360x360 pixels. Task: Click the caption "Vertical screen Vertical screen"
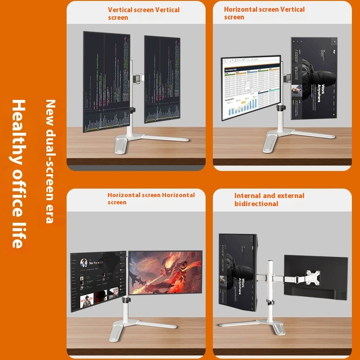tap(144, 13)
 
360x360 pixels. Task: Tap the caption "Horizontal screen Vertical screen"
tap(264, 13)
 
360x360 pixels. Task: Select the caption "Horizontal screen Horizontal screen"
tap(151, 198)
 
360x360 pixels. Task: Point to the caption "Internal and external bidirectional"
tap(269, 199)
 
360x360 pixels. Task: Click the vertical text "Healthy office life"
tap(18, 174)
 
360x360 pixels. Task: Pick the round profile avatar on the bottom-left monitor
tap(83, 264)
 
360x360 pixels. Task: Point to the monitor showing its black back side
tap(315, 277)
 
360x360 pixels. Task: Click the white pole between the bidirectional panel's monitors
tap(271, 283)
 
